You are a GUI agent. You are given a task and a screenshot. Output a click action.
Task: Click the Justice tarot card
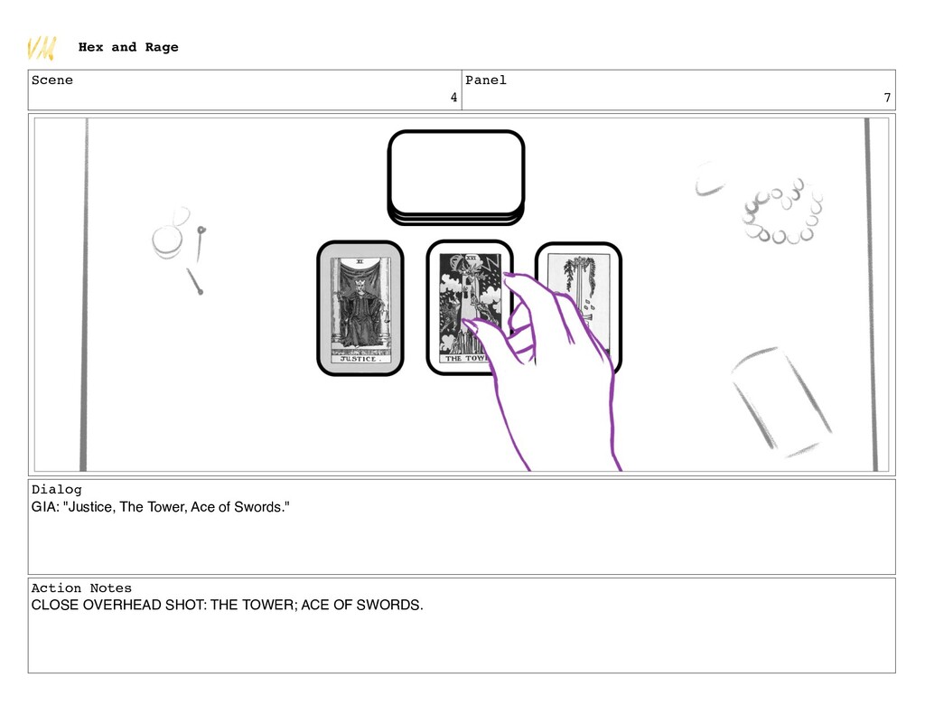pyautogui.click(x=360, y=307)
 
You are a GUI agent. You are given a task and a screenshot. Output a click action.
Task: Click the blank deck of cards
pyautogui.click(x=456, y=177)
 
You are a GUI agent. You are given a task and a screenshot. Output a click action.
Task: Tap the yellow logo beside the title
pyautogui.click(x=42, y=48)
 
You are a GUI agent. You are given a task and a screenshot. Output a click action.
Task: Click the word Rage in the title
pyautogui.click(x=162, y=47)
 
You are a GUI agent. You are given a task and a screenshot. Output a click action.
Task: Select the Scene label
pyautogui.click(x=52, y=80)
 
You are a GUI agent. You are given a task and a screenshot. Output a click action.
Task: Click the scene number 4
pyautogui.click(x=453, y=98)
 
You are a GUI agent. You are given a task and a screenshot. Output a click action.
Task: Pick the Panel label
pyautogui.click(x=486, y=80)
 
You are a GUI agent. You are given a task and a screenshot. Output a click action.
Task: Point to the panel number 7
pyautogui.click(x=887, y=98)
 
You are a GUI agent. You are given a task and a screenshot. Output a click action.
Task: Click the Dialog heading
pyautogui.click(x=57, y=489)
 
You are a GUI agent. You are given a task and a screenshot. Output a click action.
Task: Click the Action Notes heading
pyautogui.click(x=81, y=588)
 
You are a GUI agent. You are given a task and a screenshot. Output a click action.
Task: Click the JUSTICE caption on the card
pyautogui.click(x=358, y=359)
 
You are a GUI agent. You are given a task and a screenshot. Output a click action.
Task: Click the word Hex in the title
pyautogui.click(x=91, y=47)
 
